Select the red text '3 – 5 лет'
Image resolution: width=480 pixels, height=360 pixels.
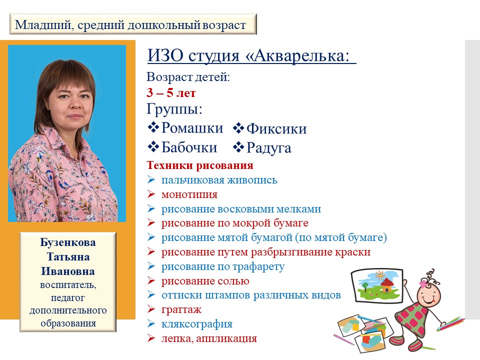point(171,93)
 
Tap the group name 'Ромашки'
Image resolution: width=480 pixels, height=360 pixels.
point(192,128)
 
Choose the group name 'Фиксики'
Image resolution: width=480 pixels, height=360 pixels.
point(276,129)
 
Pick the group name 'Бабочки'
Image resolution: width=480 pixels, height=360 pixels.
point(189,147)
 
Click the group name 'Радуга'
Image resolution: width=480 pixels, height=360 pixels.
point(269,148)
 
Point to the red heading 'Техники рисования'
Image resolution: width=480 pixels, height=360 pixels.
point(200,165)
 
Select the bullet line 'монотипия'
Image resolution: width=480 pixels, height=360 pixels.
point(189,194)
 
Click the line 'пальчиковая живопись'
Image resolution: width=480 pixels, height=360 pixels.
point(219,180)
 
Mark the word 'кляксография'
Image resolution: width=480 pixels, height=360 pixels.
point(196,324)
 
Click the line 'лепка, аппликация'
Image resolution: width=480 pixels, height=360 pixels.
point(209,338)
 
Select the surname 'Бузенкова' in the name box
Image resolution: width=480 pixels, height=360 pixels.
point(68,242)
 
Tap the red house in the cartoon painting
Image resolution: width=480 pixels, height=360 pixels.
point(386,285)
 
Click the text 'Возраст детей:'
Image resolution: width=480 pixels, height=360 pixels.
point(188,77)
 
